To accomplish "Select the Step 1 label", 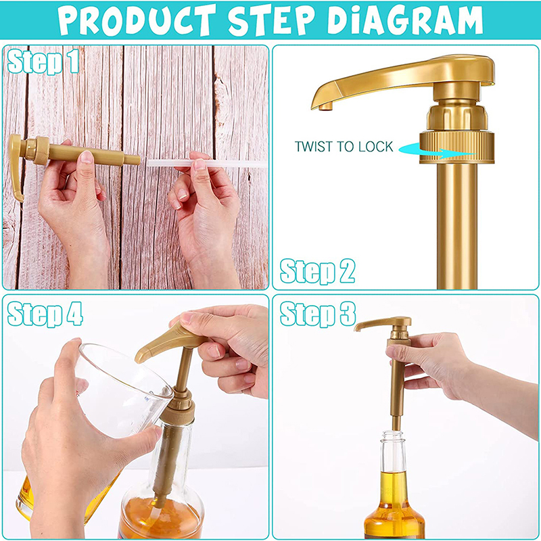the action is coord(43,62).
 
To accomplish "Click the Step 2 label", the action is coord(317,271).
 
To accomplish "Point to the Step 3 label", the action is coord(318,314).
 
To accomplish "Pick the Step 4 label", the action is coord(45,314).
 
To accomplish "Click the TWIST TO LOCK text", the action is coord(344,147).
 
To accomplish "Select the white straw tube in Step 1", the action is coord(207,163).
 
